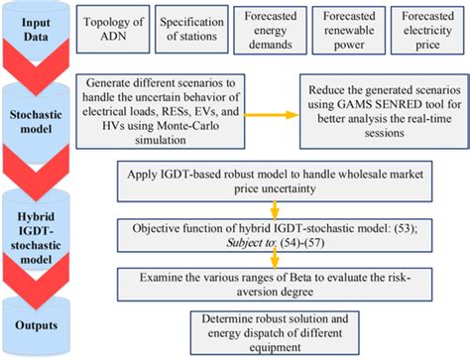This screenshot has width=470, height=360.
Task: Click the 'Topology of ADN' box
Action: point(114,28)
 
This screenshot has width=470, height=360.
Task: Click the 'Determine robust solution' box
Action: point(269,327)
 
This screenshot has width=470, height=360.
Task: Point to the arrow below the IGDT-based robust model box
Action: point(270,210)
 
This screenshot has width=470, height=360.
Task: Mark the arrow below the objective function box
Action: point(270,259)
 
